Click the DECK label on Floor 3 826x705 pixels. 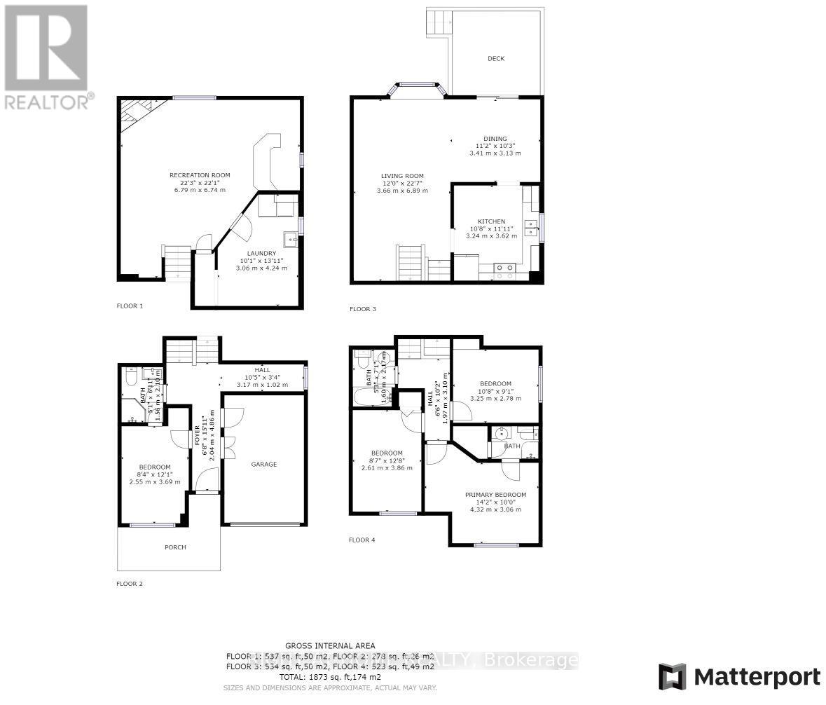[x=496, y=59]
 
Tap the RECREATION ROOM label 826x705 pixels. [x=200, y=175]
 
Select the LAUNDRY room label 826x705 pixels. [x=261, y=254]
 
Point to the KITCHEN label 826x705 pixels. [x=491, y=221]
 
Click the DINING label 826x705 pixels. [x=495, y=139]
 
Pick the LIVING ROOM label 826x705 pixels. [x=402, y=176]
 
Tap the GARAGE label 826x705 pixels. [x=264, y=464]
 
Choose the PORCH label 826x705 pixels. [x=175, y=547]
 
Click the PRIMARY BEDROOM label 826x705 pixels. [x=495, y=495]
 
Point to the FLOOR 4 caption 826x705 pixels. [x=362, y=540]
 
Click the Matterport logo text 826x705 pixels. [x=757, y=677]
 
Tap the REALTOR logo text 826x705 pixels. [x=46, y=102]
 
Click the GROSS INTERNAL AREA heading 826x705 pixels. [x=329, y=645]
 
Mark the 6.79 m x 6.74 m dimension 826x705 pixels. [x=200, y=189]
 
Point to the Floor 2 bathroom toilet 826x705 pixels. [x=130, y=378]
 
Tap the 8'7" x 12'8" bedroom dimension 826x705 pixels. [x=386, y=460]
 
